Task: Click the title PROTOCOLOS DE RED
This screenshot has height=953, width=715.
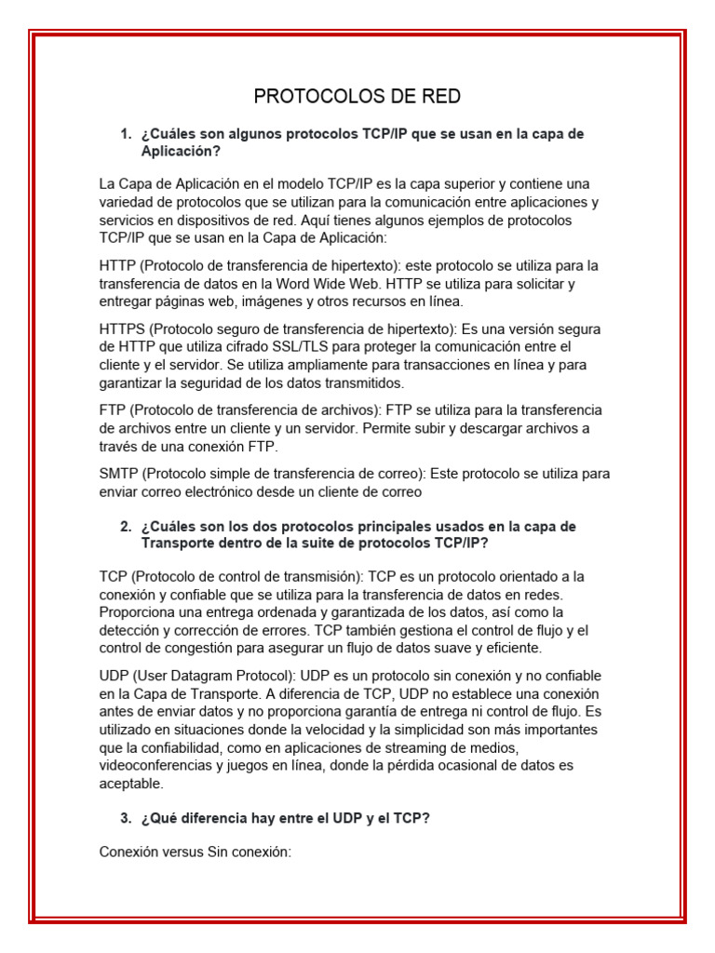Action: pos(357,97)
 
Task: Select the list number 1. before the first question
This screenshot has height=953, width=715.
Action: pos(126,134)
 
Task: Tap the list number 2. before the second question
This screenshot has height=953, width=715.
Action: pos(126,527)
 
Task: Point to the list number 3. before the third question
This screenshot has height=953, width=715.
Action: pos(126,818)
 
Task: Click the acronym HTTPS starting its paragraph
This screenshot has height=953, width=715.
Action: pos(122,329)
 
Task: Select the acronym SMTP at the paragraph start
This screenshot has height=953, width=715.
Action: pos(119,474)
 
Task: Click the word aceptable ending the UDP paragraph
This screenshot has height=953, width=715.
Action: pos(130,784)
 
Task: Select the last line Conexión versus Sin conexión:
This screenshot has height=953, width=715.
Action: pos(196,852)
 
